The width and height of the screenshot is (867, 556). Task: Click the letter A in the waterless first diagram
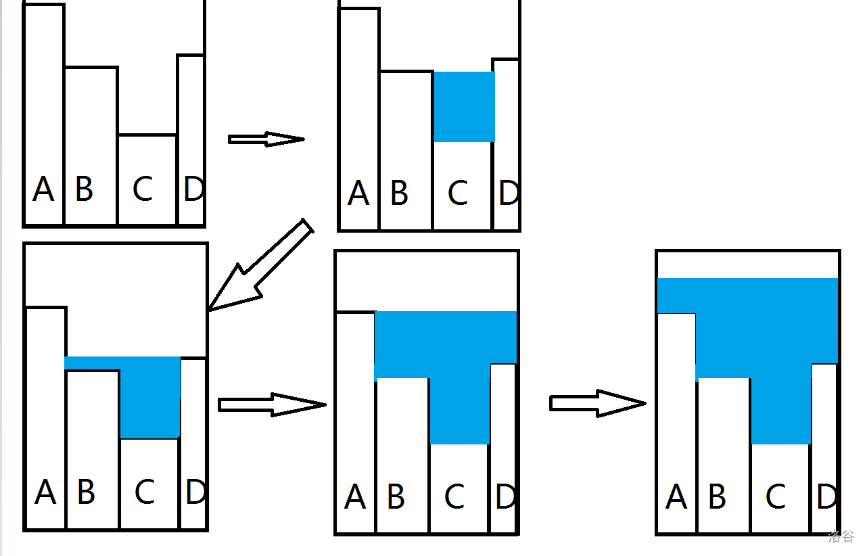(43, 189)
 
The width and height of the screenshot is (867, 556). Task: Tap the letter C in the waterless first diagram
(142, 189)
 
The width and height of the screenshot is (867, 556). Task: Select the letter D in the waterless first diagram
(193, 189)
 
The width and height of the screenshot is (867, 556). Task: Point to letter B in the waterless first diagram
(84, 189)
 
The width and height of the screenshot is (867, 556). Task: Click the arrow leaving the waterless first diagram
(266, 139)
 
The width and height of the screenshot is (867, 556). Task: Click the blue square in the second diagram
(464, 107)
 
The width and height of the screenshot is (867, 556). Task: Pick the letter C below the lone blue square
(458, 193)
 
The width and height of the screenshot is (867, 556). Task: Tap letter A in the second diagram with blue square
(358, 194)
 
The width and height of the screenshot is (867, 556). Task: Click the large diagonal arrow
(262, 265)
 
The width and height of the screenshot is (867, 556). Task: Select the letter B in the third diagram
(86, 492)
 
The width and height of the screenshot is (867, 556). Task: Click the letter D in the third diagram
(195, 492)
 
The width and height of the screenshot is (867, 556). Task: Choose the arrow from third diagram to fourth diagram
(272, 404)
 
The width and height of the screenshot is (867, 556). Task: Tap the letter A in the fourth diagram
(355, 498)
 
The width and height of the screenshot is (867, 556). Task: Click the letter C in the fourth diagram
(454, 498)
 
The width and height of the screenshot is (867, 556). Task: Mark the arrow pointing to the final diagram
(597, 403)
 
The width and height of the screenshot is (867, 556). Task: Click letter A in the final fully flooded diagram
(676, 498)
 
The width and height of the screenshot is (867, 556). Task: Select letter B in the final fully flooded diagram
(718, 498)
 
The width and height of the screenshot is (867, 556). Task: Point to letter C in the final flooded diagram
(776, 498)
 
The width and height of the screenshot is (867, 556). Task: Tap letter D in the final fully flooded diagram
(826, 498)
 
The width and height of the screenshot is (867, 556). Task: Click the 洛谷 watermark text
(841, 537)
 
